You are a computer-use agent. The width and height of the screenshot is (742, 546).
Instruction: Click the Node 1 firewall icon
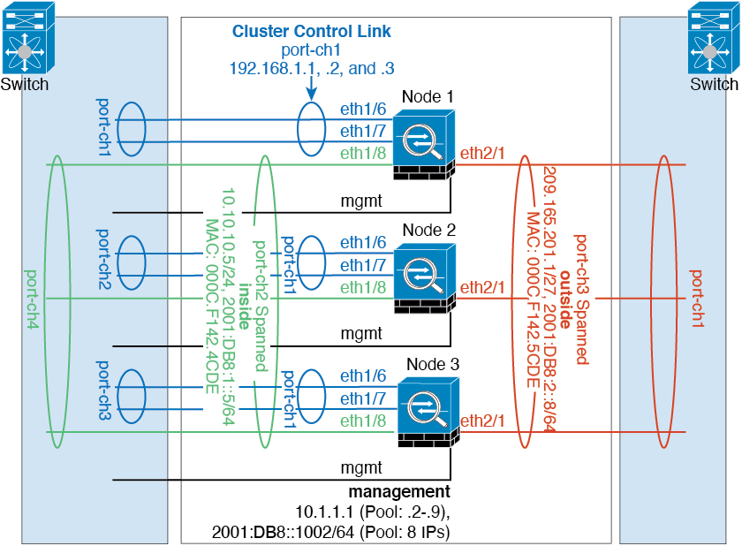[424, 144]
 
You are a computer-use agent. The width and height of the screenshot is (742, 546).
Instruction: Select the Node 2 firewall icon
[425, 278]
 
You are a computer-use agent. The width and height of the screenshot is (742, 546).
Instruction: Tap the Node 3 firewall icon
[428, 412]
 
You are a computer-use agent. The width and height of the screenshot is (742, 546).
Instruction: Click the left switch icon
[28, 38]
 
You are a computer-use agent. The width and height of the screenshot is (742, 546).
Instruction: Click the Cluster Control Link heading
[311, 31]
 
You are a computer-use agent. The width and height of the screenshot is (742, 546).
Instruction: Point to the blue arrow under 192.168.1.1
[311, 88]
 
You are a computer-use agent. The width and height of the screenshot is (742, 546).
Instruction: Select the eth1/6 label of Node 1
[363, 110]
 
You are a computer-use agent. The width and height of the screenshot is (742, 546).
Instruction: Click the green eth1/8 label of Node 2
[363, 287]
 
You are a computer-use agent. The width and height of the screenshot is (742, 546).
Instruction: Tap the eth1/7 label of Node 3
[363, 398]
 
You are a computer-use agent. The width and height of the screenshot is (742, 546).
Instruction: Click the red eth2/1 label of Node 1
[482, 154]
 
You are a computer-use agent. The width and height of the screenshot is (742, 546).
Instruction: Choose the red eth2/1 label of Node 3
[482, 421]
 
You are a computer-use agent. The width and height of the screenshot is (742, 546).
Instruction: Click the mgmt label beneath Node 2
[361, 334]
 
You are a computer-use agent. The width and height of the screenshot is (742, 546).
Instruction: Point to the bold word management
[399, 491]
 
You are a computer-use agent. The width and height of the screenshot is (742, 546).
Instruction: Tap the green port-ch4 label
[32, 300]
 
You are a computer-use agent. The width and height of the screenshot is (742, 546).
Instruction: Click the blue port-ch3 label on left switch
[103, 391]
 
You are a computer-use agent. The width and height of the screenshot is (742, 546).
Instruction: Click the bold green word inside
[244, 307]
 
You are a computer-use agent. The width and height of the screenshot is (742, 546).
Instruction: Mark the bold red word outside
[565, 300]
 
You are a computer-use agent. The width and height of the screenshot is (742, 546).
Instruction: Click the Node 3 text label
[433, 364]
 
